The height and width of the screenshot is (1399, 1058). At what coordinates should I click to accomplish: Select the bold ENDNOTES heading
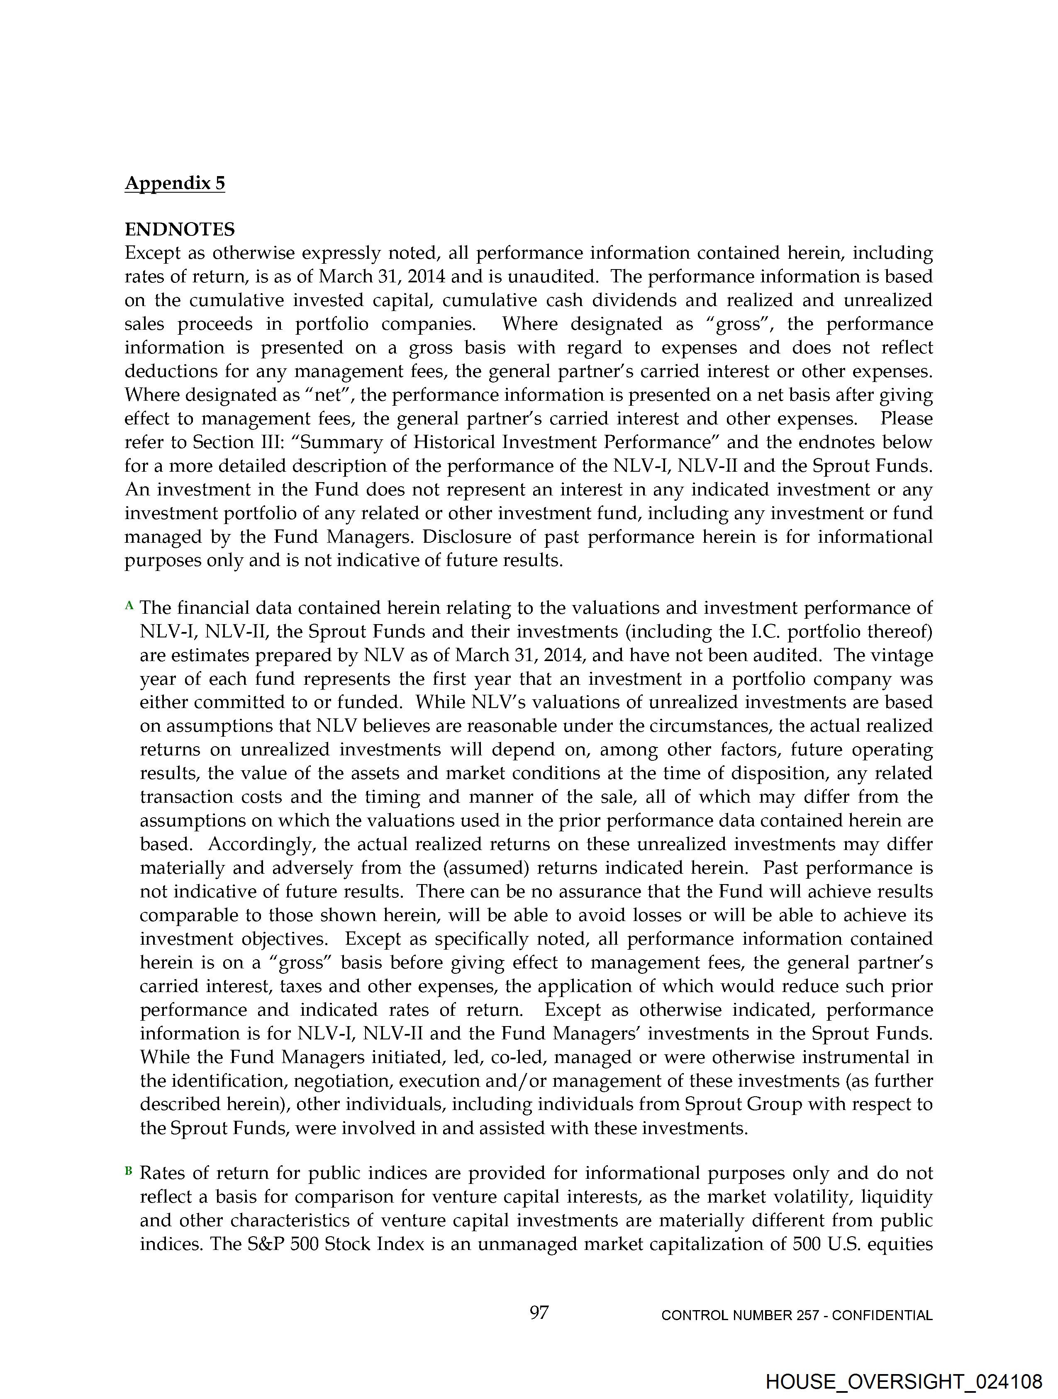click(x=180, y=229)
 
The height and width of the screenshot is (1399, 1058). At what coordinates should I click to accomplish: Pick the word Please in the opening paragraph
click(x=906, y=419)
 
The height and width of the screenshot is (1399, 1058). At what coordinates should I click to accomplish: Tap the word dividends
click(x=645, y=300)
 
